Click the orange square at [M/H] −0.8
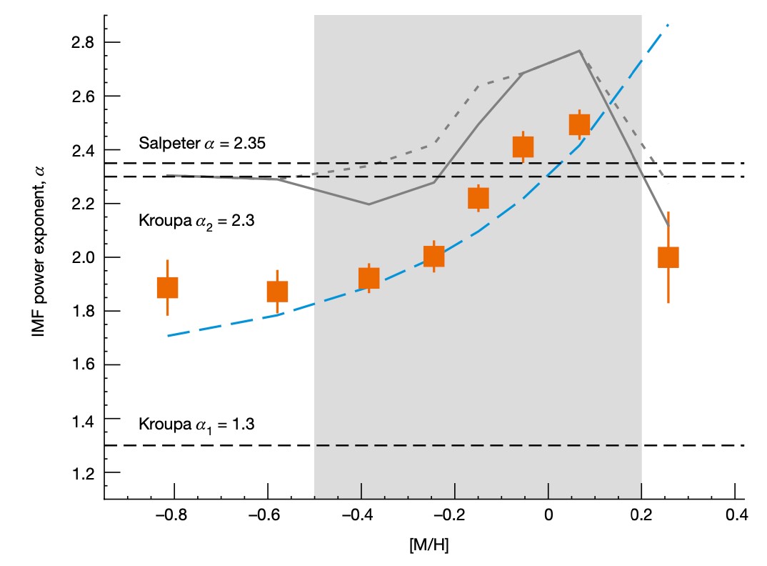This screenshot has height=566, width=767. pyautogui.click(x=167, y=287)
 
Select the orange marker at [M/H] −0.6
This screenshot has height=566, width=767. pyautogui.click(x=277, y=292)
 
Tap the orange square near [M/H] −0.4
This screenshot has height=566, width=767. pyautogui.click(x=369, y=278)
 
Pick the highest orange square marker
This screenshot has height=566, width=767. pyautogui.click(x=579, y=124)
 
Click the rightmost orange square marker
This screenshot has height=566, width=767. pyautogui.click(x=668, y=257)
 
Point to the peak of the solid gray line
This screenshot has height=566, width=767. pyautogui.click(x=579, y=51)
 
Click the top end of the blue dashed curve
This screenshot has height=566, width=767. pyautogui.click(x=668, y=25)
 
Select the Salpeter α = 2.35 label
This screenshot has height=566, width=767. pyautogui.click(x=202, y=143)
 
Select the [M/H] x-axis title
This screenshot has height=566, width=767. pyautogui.click(x=429, y=545)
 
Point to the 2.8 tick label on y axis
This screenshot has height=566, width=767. pyautogui.click(x=84, y=43)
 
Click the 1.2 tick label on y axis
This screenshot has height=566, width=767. pyautogui.click(x=84, y=473)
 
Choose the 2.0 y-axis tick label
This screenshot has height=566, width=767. pyautogui.click(x=84, y=258)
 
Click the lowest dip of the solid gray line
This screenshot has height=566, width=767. pyautogui.click(x=369, y=204)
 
